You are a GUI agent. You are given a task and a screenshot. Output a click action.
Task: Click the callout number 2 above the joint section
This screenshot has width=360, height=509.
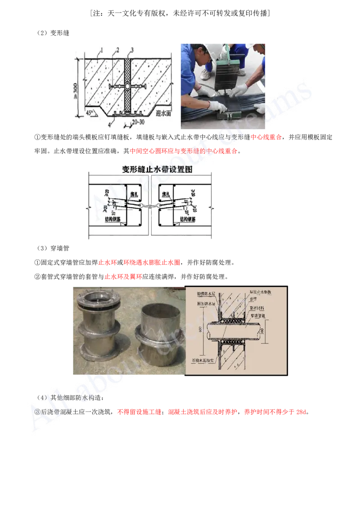pos(117,49)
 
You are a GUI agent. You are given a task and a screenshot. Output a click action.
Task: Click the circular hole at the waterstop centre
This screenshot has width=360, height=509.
pos(128,85)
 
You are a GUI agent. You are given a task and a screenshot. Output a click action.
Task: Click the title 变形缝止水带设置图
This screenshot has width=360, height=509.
pos(149,170)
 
